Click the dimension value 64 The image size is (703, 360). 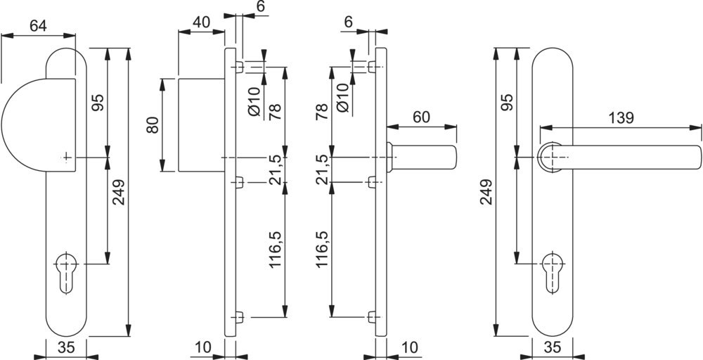[x=39, y=26]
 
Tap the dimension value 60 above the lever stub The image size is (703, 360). [x=421, y=117]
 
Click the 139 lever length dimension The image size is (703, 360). [x=619, y=117]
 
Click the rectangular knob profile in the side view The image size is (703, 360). [x=200, y=124]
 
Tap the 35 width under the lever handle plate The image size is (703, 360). [x=553, y=347]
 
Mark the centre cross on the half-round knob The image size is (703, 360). [x=67, y=157]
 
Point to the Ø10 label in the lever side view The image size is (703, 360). [x=342, y=97]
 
